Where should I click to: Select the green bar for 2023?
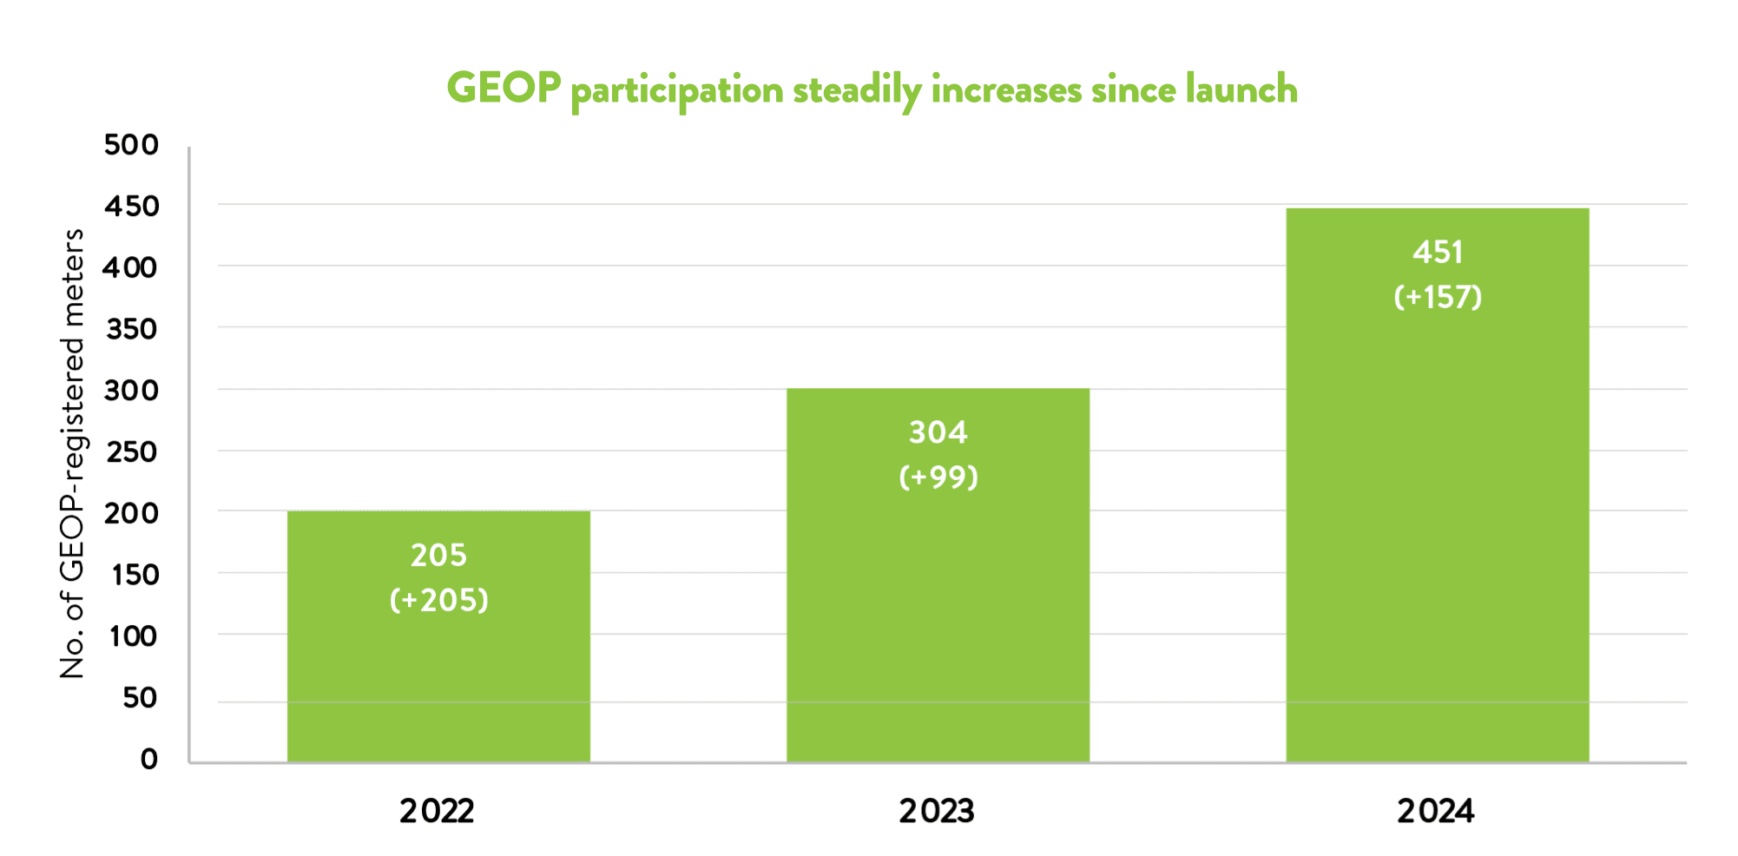(938, 608)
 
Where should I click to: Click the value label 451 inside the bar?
(1438, 253)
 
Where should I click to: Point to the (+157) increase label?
(1438, 298)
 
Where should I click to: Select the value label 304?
(938, 432)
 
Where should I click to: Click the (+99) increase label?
(938, 477)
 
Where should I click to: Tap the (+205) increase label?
(438, 600)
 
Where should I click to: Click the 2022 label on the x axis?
(437, 812)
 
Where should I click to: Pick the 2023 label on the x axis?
(937, 812)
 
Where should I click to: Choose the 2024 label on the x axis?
(1435, 812)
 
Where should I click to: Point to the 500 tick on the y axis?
(131, 145)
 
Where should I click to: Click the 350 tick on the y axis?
(131, 330)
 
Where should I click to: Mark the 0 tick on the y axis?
(149, 760)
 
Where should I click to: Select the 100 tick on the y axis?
(132, 637)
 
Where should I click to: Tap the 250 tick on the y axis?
(131, 452)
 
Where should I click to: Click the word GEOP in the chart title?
(504, 89)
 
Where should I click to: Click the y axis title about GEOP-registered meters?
(72, 453)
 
